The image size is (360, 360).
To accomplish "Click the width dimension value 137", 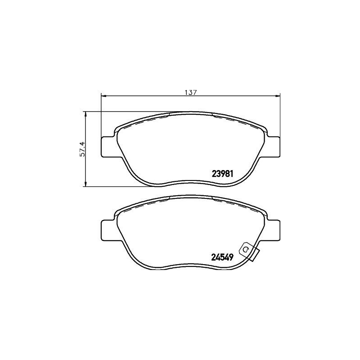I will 191,92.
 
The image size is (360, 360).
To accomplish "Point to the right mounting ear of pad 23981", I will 273,146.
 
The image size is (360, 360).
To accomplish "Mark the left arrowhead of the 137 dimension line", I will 103,95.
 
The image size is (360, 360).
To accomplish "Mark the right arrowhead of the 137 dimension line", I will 278,95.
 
